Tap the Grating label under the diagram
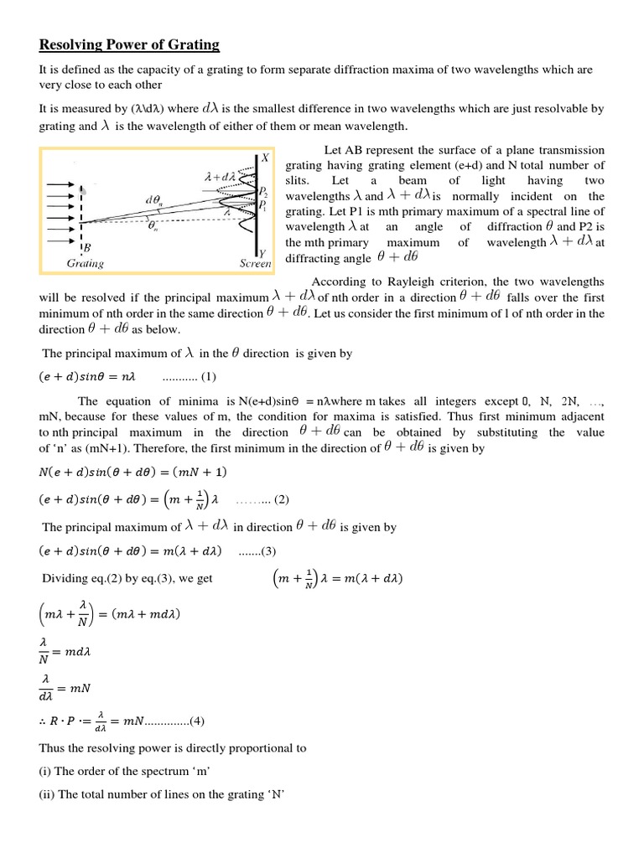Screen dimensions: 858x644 pyautogui.click(x=86, y=263)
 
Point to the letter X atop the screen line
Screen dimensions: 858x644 pyautogui.click(x=265, y=157)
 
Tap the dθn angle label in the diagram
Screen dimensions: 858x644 pyautogui.click(x=153, y=200)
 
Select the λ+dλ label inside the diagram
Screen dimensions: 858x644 pyautogui.click(x=220, y=178)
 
